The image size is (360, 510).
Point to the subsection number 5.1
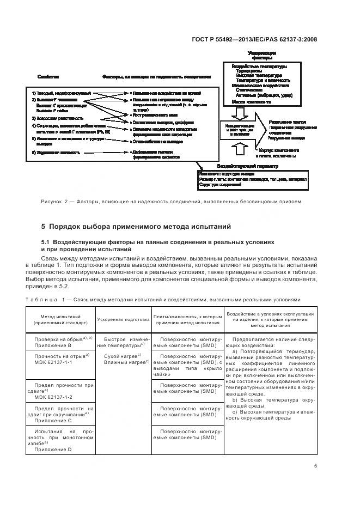click(x=47, y=241)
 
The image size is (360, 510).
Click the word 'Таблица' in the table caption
click(x=56, y=300)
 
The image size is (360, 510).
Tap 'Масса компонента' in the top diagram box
click(x=251, y=101)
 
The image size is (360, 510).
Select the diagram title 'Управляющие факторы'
click(x=261, y=56)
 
